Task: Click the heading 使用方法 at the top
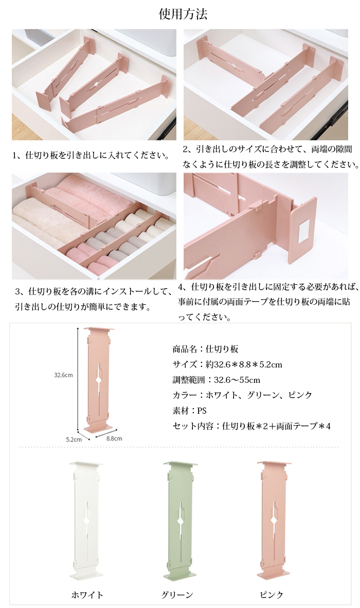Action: (183, 14)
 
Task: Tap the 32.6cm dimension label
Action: (63, 375)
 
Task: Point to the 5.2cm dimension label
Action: (74, 439)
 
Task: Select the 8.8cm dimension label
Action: (114, 438)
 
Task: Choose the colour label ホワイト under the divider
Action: (87, 595)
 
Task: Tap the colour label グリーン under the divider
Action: (177, 595)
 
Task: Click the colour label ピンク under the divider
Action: (272, 595)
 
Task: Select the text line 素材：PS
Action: (189, 411)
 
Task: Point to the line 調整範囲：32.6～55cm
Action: (217, 380)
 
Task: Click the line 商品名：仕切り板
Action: (205, 349)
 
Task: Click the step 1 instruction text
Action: (92, 156)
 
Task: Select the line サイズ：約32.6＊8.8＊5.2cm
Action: (227, 364)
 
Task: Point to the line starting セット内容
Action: (251, 426)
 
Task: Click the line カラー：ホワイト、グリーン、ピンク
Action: (242, 395)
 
